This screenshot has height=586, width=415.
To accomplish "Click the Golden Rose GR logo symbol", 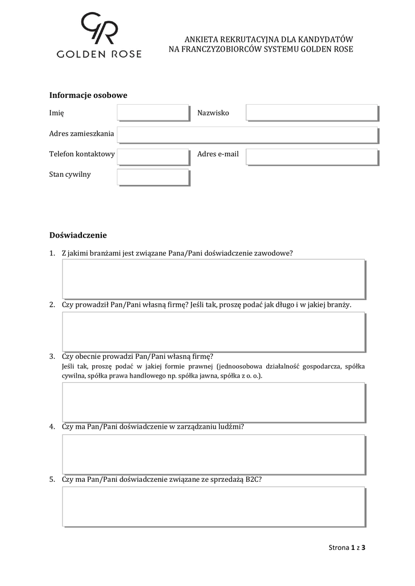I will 98,28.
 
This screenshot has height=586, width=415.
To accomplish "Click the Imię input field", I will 153,113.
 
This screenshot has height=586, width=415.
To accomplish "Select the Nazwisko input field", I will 312,113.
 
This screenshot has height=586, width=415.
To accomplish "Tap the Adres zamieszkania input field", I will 248,134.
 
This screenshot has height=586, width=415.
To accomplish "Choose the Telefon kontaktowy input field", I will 153,157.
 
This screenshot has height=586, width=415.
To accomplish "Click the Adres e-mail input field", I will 312,157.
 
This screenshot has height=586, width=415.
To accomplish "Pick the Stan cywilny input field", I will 153,177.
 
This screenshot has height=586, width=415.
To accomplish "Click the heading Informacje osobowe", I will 88,95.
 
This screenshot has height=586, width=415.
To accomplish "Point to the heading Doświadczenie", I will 78,235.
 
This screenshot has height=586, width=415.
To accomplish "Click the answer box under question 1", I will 214,279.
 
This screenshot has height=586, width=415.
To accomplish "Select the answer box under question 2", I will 214,331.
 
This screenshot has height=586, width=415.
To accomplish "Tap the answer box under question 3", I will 214,402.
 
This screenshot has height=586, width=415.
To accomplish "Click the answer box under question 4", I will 214,454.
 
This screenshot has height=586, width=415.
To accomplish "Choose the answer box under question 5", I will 214,506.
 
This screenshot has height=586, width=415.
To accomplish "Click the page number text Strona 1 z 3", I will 347,548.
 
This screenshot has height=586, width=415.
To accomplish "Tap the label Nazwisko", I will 213,113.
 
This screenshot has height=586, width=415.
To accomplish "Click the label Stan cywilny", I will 70,175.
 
